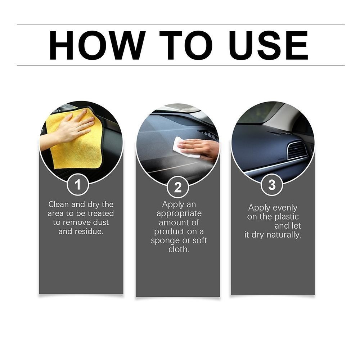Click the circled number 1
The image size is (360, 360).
78,185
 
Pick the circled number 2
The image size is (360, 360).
177,187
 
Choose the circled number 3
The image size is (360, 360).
272,185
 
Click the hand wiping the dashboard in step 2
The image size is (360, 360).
200,148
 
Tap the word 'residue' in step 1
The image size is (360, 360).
88,231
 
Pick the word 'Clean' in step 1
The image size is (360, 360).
59,204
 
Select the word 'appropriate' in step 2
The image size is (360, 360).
179,213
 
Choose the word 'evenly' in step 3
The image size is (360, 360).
284,208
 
